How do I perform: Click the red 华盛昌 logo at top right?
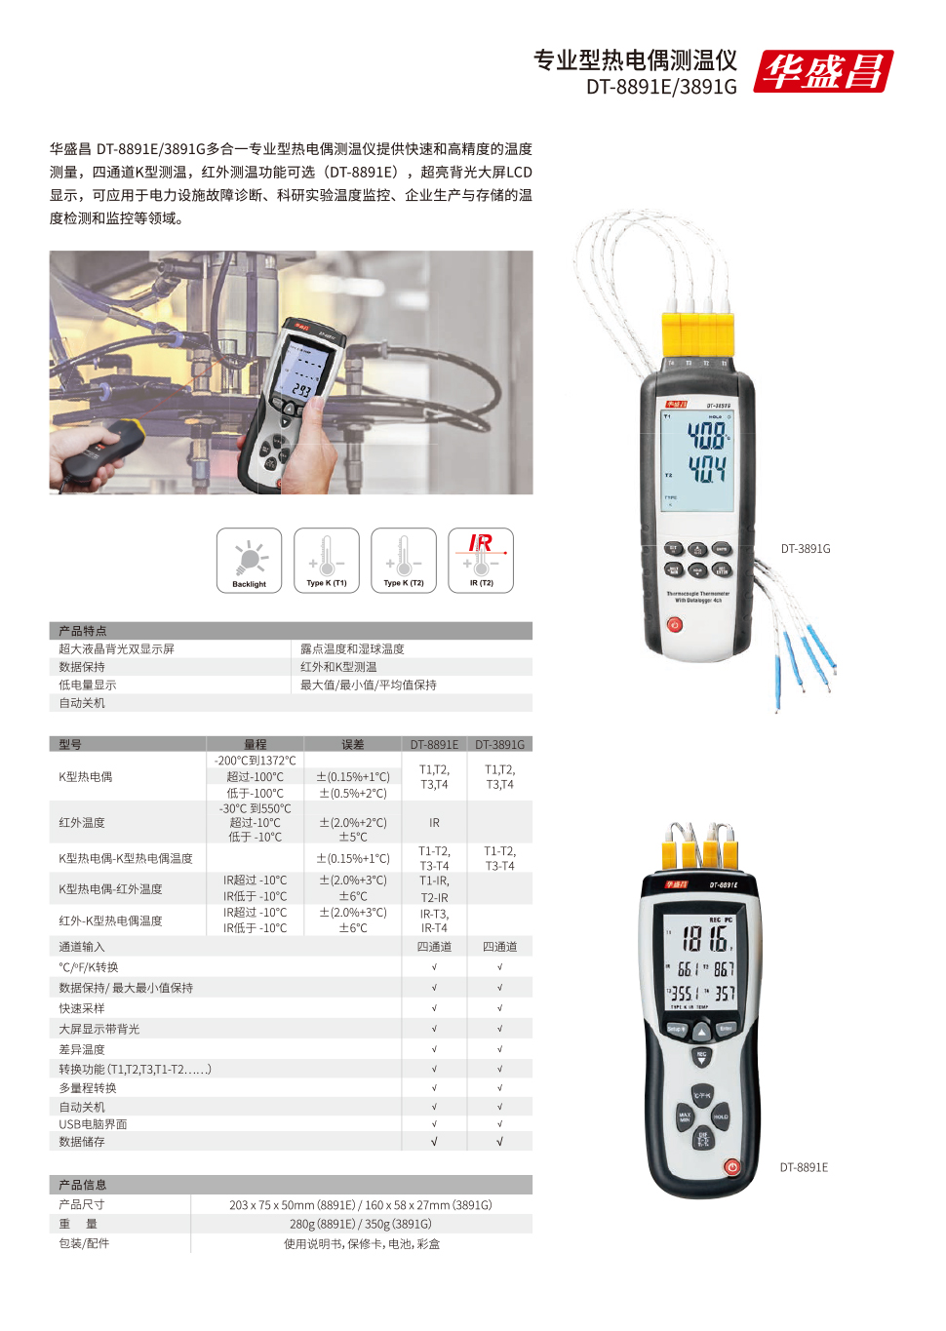click(x=823, y=71)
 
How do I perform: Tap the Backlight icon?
click(x=249, y=561)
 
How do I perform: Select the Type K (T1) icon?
click(x=327, y=561)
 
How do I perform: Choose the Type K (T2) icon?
click(x=404, y=561)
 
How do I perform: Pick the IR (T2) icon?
click(x=481, y=561)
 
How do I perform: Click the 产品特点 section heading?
click(x=83, y=631)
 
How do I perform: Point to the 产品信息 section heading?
click(x=83, y=1185)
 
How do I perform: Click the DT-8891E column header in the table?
click(x=434, y=744)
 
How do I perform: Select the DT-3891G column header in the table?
click(x=499, y=744)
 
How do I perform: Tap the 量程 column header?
click(x=256, y=744)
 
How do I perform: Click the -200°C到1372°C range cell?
click(x=256, y=761)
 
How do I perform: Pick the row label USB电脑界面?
click(x=93, y=1124)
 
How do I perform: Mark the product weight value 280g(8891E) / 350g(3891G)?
click(x=361, y=1224)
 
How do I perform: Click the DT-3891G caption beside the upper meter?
click(x=806, y=549)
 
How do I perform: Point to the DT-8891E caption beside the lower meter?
click(x=804, y=1167)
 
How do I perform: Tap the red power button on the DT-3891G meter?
click(x=675, y=625)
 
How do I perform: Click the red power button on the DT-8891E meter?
click(x=732, y=1166)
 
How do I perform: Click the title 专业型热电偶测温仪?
click(x=635, y=60)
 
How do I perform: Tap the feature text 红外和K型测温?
click(x=338, y=667)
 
